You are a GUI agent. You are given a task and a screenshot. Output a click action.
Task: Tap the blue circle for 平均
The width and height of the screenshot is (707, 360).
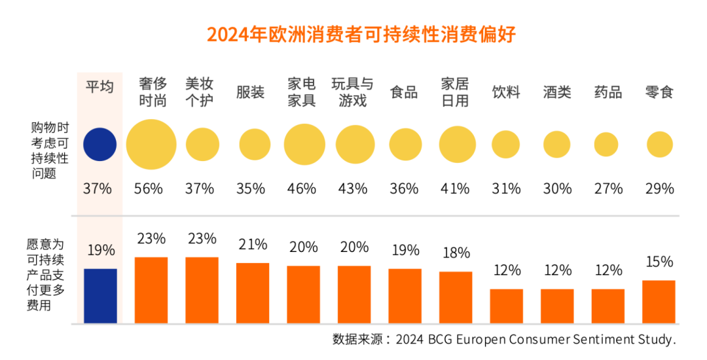click(x=100, y=144)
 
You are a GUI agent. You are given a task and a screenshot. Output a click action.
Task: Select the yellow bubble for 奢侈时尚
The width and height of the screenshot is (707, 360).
click(x=151, y=144)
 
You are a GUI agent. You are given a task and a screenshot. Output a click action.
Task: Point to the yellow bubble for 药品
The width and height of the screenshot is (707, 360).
click(x=606, y=144)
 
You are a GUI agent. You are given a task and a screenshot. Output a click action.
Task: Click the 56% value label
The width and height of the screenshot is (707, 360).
click(x=149, y=189)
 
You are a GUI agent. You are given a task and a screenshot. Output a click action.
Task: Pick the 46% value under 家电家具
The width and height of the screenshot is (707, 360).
click(x=301, y=189)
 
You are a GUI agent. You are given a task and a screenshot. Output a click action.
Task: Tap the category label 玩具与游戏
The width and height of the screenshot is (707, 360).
click(x=352, y=92)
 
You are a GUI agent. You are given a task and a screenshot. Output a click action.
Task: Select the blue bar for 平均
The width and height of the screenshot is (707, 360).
click(x=100, y=296)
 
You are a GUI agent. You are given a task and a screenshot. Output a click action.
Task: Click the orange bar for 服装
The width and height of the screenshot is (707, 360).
click(x=253, y=293)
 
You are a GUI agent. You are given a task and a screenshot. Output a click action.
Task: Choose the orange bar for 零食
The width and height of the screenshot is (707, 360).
click(x=659, y=302)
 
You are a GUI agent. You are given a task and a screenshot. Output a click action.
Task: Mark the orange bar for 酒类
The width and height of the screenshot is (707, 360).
click(x=557, y=306)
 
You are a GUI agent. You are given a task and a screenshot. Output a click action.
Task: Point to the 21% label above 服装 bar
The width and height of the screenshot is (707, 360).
click(x=253, y=245)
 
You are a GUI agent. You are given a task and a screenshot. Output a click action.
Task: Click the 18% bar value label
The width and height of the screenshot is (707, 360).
click(x=456, y=253)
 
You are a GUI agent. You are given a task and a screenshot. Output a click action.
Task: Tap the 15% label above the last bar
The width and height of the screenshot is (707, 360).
click(x=659, y=262)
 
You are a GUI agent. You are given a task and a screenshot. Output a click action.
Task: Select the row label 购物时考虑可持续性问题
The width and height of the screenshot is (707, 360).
click(x=49, y=150)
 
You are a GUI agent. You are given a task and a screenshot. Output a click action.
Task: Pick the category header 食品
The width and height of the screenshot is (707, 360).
click(x=404, y=92)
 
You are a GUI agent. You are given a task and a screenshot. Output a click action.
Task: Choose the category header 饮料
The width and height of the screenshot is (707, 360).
click(x=506, y=92)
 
